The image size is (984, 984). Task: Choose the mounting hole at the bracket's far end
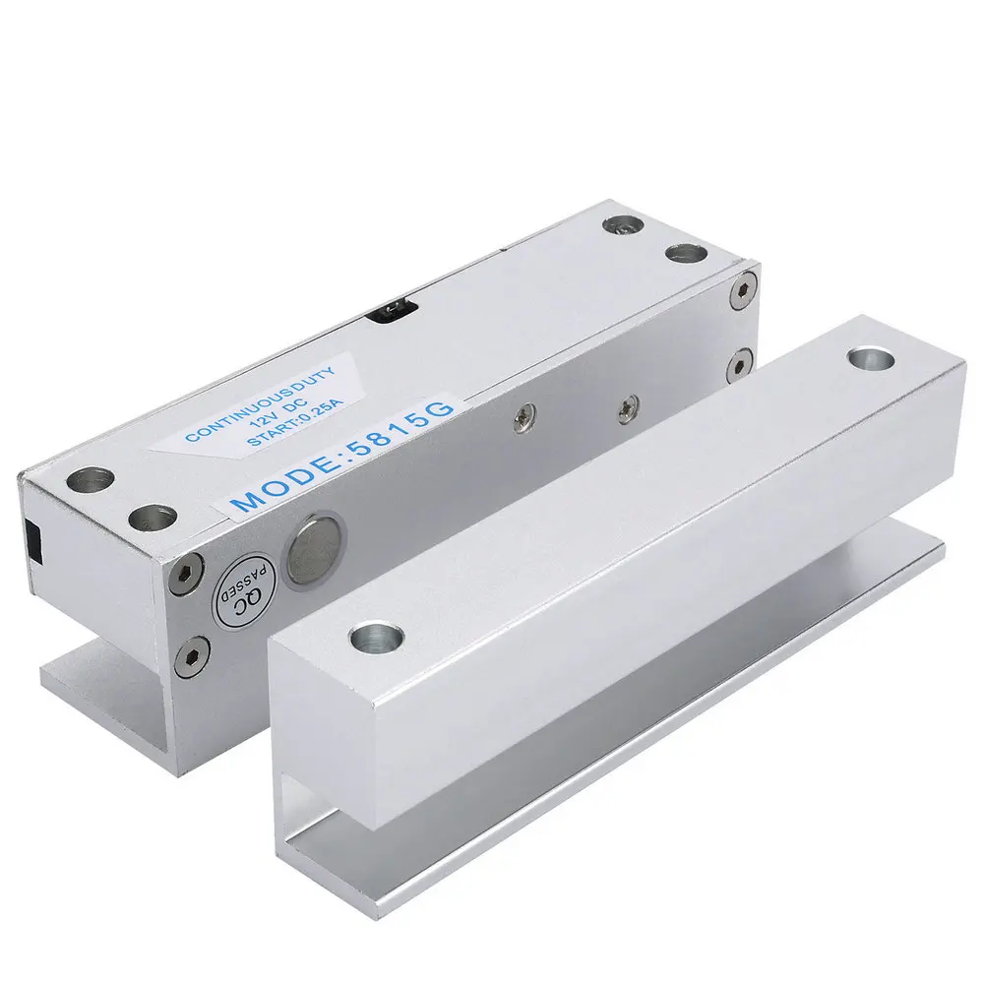(869, 357)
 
